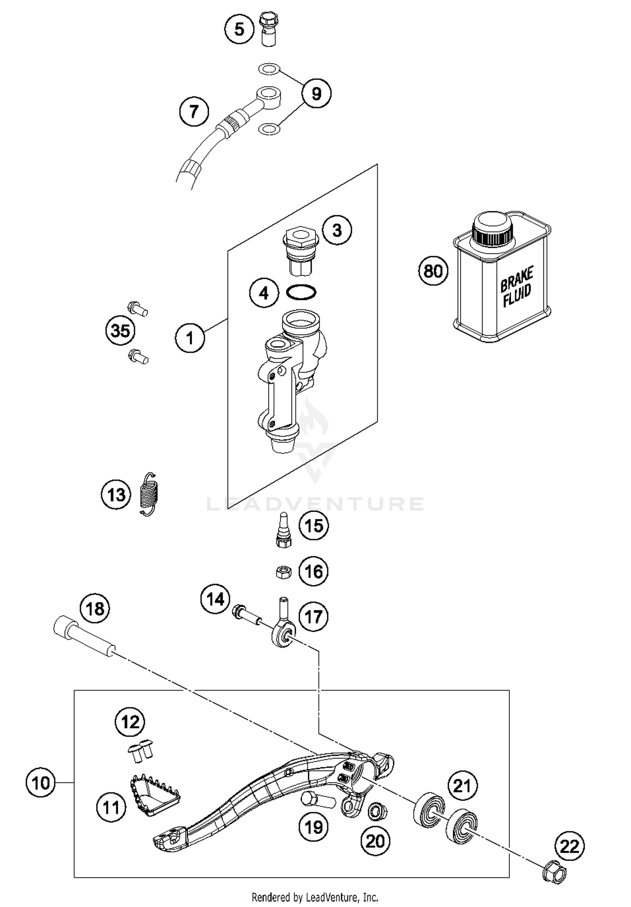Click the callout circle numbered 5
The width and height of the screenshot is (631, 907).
pyautogui.click(x=239, y=29)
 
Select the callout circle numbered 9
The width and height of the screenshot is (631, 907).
pyautogui.click(x=316, y=93)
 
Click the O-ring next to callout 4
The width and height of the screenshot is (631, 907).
pyautogui.click(x=301, y=293)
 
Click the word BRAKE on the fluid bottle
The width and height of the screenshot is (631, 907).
pyautogui.click(x=517, y=279)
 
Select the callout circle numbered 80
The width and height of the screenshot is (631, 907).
pyautogui.click(x=433, y=271)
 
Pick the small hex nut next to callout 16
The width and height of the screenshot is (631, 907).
pyautogui.click(x=283, y=572)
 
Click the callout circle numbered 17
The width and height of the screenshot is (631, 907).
pyautogui.click(x=313, y=617)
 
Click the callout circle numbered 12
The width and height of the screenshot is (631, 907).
pyautogui.click(x=130, y=722)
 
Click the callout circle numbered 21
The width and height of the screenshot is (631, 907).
pyautogui.click(x=462, y=785)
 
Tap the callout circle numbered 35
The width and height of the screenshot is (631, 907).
pyautogui.click(x=120, y=330)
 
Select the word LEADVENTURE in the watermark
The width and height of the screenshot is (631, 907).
pyautogui.click(x=315, y=504)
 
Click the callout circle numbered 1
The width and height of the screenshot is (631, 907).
pyautogui.click(x=190, y=338)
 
